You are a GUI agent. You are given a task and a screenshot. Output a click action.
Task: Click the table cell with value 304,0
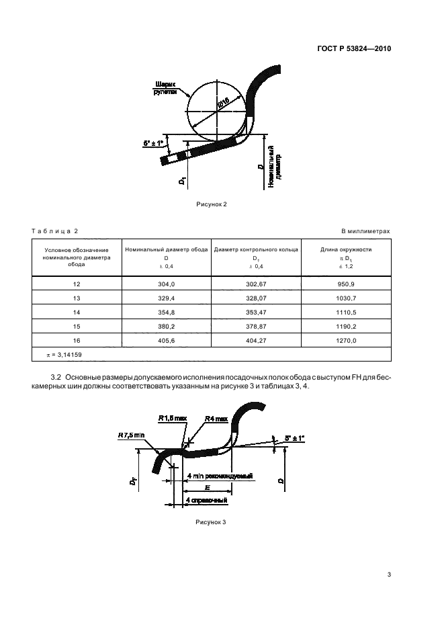point(165,285)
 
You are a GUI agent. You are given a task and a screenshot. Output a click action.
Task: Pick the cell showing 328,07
point(256,299)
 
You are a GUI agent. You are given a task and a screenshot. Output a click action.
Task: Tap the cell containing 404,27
point(256,341)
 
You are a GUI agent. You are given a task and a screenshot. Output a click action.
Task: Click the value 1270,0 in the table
point(346,341)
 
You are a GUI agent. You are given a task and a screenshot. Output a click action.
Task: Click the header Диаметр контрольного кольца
point(256,249)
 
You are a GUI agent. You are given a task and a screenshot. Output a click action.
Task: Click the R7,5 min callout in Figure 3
point(132,435)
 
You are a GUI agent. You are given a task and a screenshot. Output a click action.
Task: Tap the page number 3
point(389,574)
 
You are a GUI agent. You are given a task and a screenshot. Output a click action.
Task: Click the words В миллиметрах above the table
point(365,231)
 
